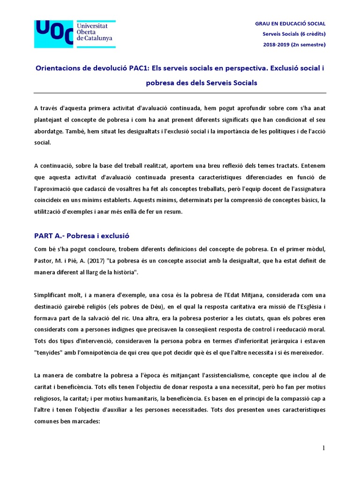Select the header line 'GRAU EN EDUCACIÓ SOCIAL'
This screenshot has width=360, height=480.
point(290,23)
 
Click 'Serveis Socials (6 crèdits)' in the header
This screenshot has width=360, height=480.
point(293,34)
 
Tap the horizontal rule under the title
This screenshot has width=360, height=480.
point(180,93)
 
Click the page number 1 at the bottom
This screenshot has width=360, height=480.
point(323,448)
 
